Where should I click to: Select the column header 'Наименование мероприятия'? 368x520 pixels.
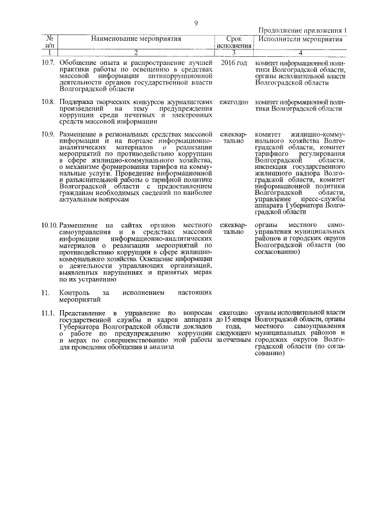tap(136, 39)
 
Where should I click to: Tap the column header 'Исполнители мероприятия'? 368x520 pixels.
tap(300, 39)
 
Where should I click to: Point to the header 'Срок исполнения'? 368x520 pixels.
tap(233, 42)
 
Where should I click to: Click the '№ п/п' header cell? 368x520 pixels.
tap(50, 42)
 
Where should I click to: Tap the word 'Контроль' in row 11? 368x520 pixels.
tap(75, 293)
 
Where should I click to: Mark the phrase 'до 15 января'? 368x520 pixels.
tap(233, 319)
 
